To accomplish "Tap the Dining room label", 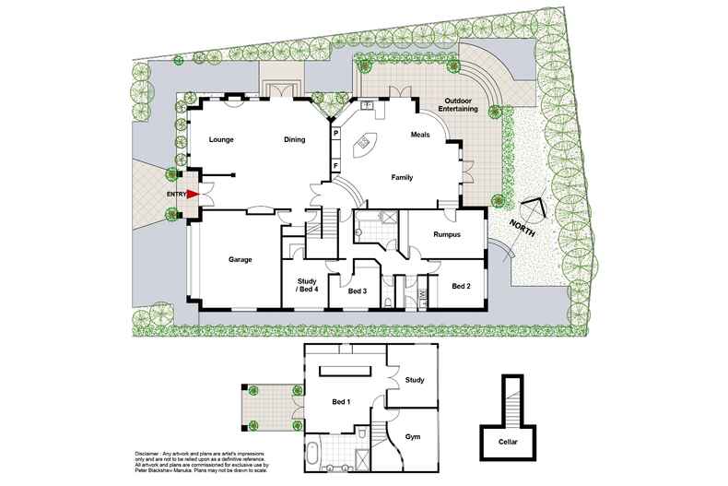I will tap(294, 140).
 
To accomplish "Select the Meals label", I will tap(420, 136).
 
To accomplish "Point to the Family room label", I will tap(402, 176).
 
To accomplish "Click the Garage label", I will tap(241, 260).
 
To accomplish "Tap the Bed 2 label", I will tap(461, 287).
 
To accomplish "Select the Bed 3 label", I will tap(358, 291).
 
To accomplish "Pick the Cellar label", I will tap(506, 442).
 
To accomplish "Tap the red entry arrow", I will tap(193, 195).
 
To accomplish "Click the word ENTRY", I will tap(176, 195).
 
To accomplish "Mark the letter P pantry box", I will tap(336, 134).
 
